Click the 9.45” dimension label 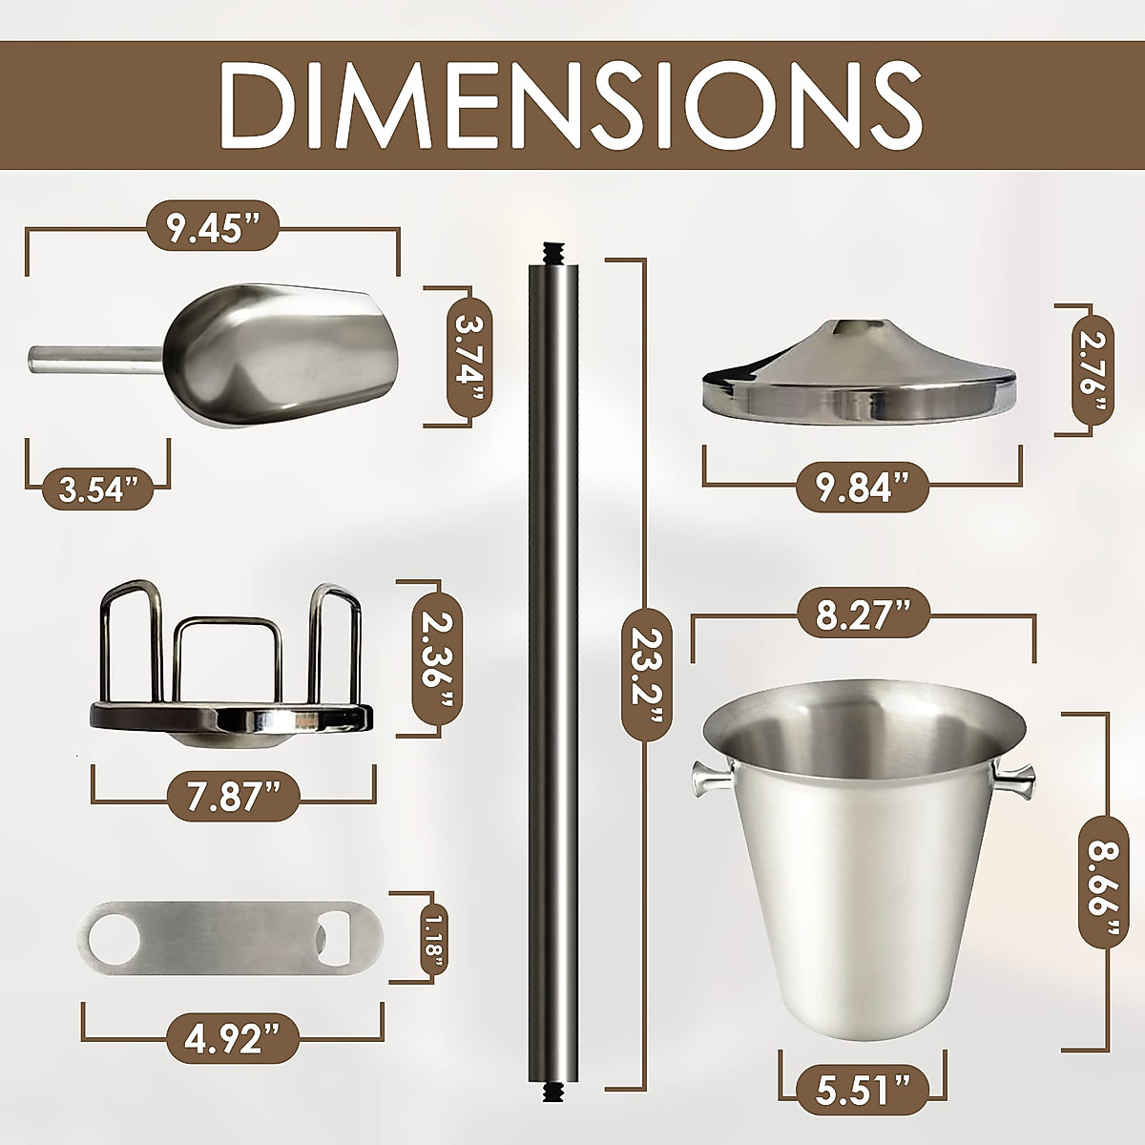(213, 228)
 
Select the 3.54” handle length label (98, 489)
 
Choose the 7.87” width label (234, 796)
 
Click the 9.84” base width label (862, 488)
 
